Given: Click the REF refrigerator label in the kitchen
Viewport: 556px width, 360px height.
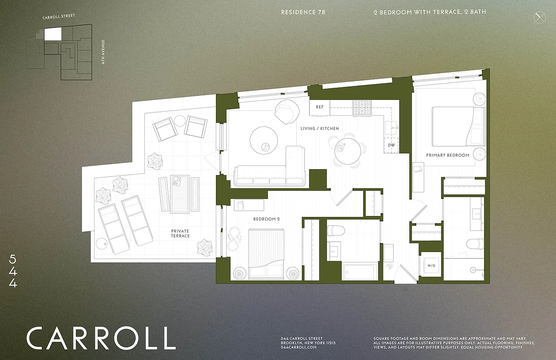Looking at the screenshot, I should point(319,107).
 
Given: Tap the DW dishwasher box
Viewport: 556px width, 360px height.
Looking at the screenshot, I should point(391,145).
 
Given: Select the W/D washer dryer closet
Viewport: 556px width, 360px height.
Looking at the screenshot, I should point(431,266).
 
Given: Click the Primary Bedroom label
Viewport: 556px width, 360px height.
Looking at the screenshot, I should point(448,155).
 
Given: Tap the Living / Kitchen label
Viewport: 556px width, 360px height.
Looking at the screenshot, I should point(319,129).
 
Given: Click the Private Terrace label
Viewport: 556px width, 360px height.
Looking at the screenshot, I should point(180,233).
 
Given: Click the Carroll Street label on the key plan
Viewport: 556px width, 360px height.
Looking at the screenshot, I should point(58,17).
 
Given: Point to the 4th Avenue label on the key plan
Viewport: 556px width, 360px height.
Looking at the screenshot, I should point(103,52).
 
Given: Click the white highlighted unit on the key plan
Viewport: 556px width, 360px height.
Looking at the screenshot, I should point(53,34).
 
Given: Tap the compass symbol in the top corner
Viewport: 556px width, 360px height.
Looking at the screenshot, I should point(539,18).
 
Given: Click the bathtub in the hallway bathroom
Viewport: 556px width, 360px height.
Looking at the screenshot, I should point(359,272).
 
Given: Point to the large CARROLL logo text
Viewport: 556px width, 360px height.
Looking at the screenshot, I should point(100,338).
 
